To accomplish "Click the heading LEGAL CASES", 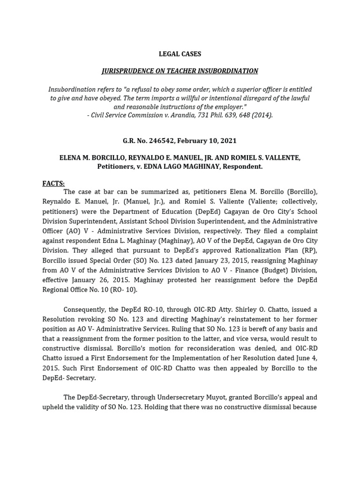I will point(180,54).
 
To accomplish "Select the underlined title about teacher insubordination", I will point(180,71).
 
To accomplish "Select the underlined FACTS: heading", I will point(53,183).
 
